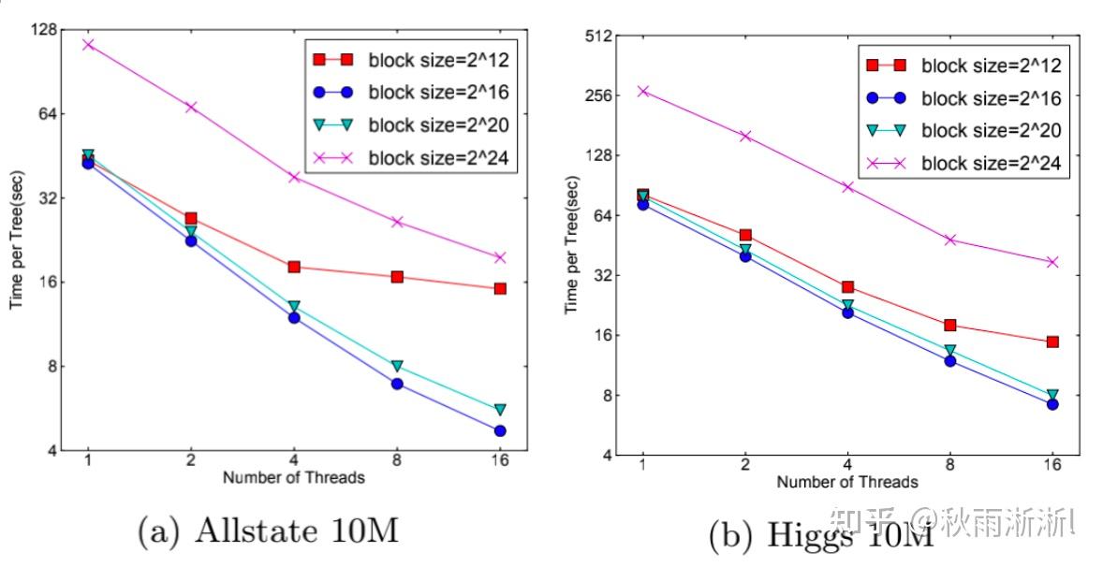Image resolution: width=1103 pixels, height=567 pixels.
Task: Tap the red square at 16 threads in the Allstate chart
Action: (x=500, y=288)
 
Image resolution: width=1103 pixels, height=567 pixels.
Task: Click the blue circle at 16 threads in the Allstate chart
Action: (x=500, y=430)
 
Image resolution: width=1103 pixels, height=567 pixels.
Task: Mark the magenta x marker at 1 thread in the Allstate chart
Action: (x=88, y=44)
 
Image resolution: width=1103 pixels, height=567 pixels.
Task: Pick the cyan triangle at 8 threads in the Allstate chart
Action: (x=397, y=366)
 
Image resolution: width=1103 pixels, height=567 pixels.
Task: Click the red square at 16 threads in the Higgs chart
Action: (x=1052, y=342)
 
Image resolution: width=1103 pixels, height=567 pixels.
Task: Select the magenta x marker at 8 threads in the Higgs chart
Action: (x=949, y=240)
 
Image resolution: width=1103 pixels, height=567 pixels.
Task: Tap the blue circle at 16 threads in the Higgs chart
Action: (x=1052, y=404)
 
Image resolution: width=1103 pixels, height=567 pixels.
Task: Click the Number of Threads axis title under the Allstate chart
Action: (x=293, y=478)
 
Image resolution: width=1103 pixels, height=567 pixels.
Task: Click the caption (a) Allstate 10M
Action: (x=268, y=531)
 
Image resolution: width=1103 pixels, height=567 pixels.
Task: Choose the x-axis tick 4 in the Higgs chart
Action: (x=847, y=464)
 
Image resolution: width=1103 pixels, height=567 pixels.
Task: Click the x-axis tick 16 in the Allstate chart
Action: (x=499, y=459)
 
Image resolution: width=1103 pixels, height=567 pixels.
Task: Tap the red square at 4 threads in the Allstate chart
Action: (x=294, y=267)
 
